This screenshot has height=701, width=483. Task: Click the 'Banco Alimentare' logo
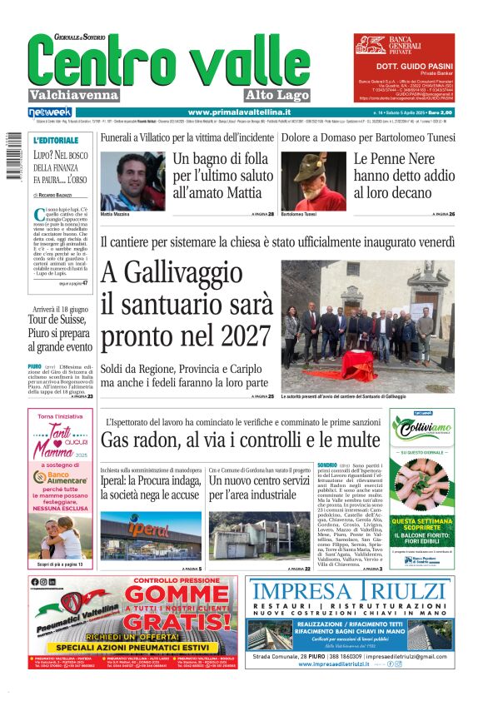click(x=59, y=478)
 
